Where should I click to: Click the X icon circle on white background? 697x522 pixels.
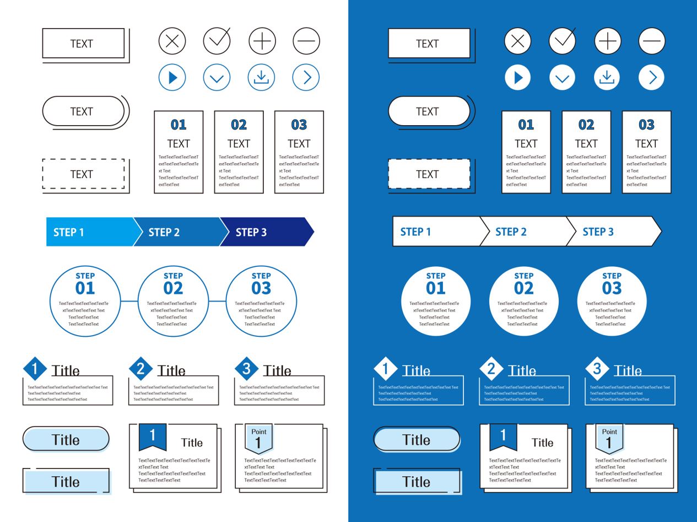coord(172,41)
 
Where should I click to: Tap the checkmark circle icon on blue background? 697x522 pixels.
coord(563,41)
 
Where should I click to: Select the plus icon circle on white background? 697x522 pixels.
coord(262,41)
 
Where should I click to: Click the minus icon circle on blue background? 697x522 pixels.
coord(652,41)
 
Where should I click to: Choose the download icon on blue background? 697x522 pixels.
coord(607,78)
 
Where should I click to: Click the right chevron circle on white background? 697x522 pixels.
coord(306,78)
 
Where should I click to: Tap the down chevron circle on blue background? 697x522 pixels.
coord(563,78)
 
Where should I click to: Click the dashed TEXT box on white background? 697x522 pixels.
coord(83,174)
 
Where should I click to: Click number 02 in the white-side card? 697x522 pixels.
coord(239,125)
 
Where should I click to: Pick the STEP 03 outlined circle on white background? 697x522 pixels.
coord(261,301)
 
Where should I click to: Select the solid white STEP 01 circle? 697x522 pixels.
coord(436,301)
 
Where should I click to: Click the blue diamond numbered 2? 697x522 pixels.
coord(141,369)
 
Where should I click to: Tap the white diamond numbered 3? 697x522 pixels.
coord(597,369)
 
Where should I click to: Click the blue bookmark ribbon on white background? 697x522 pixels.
coord(153,437)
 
